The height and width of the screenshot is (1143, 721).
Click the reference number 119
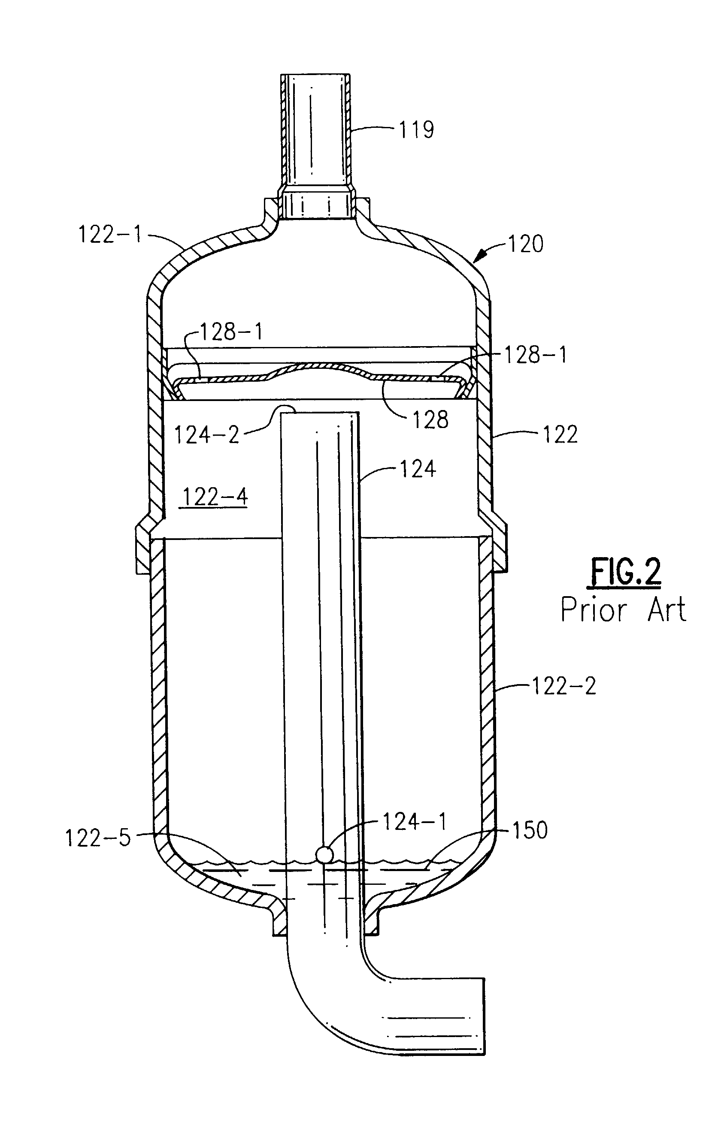[416, 129]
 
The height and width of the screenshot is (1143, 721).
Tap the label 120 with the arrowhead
[525, 244]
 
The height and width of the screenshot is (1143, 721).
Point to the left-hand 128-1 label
[231, 332]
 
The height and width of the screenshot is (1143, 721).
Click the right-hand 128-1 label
[535, 355]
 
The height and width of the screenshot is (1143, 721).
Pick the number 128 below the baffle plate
[430, 419]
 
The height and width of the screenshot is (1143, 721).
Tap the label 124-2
[206, 435]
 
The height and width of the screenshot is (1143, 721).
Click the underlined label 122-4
[215, 497]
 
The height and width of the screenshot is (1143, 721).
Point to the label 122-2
[563, 686]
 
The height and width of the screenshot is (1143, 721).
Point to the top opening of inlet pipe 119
[315, 76]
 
